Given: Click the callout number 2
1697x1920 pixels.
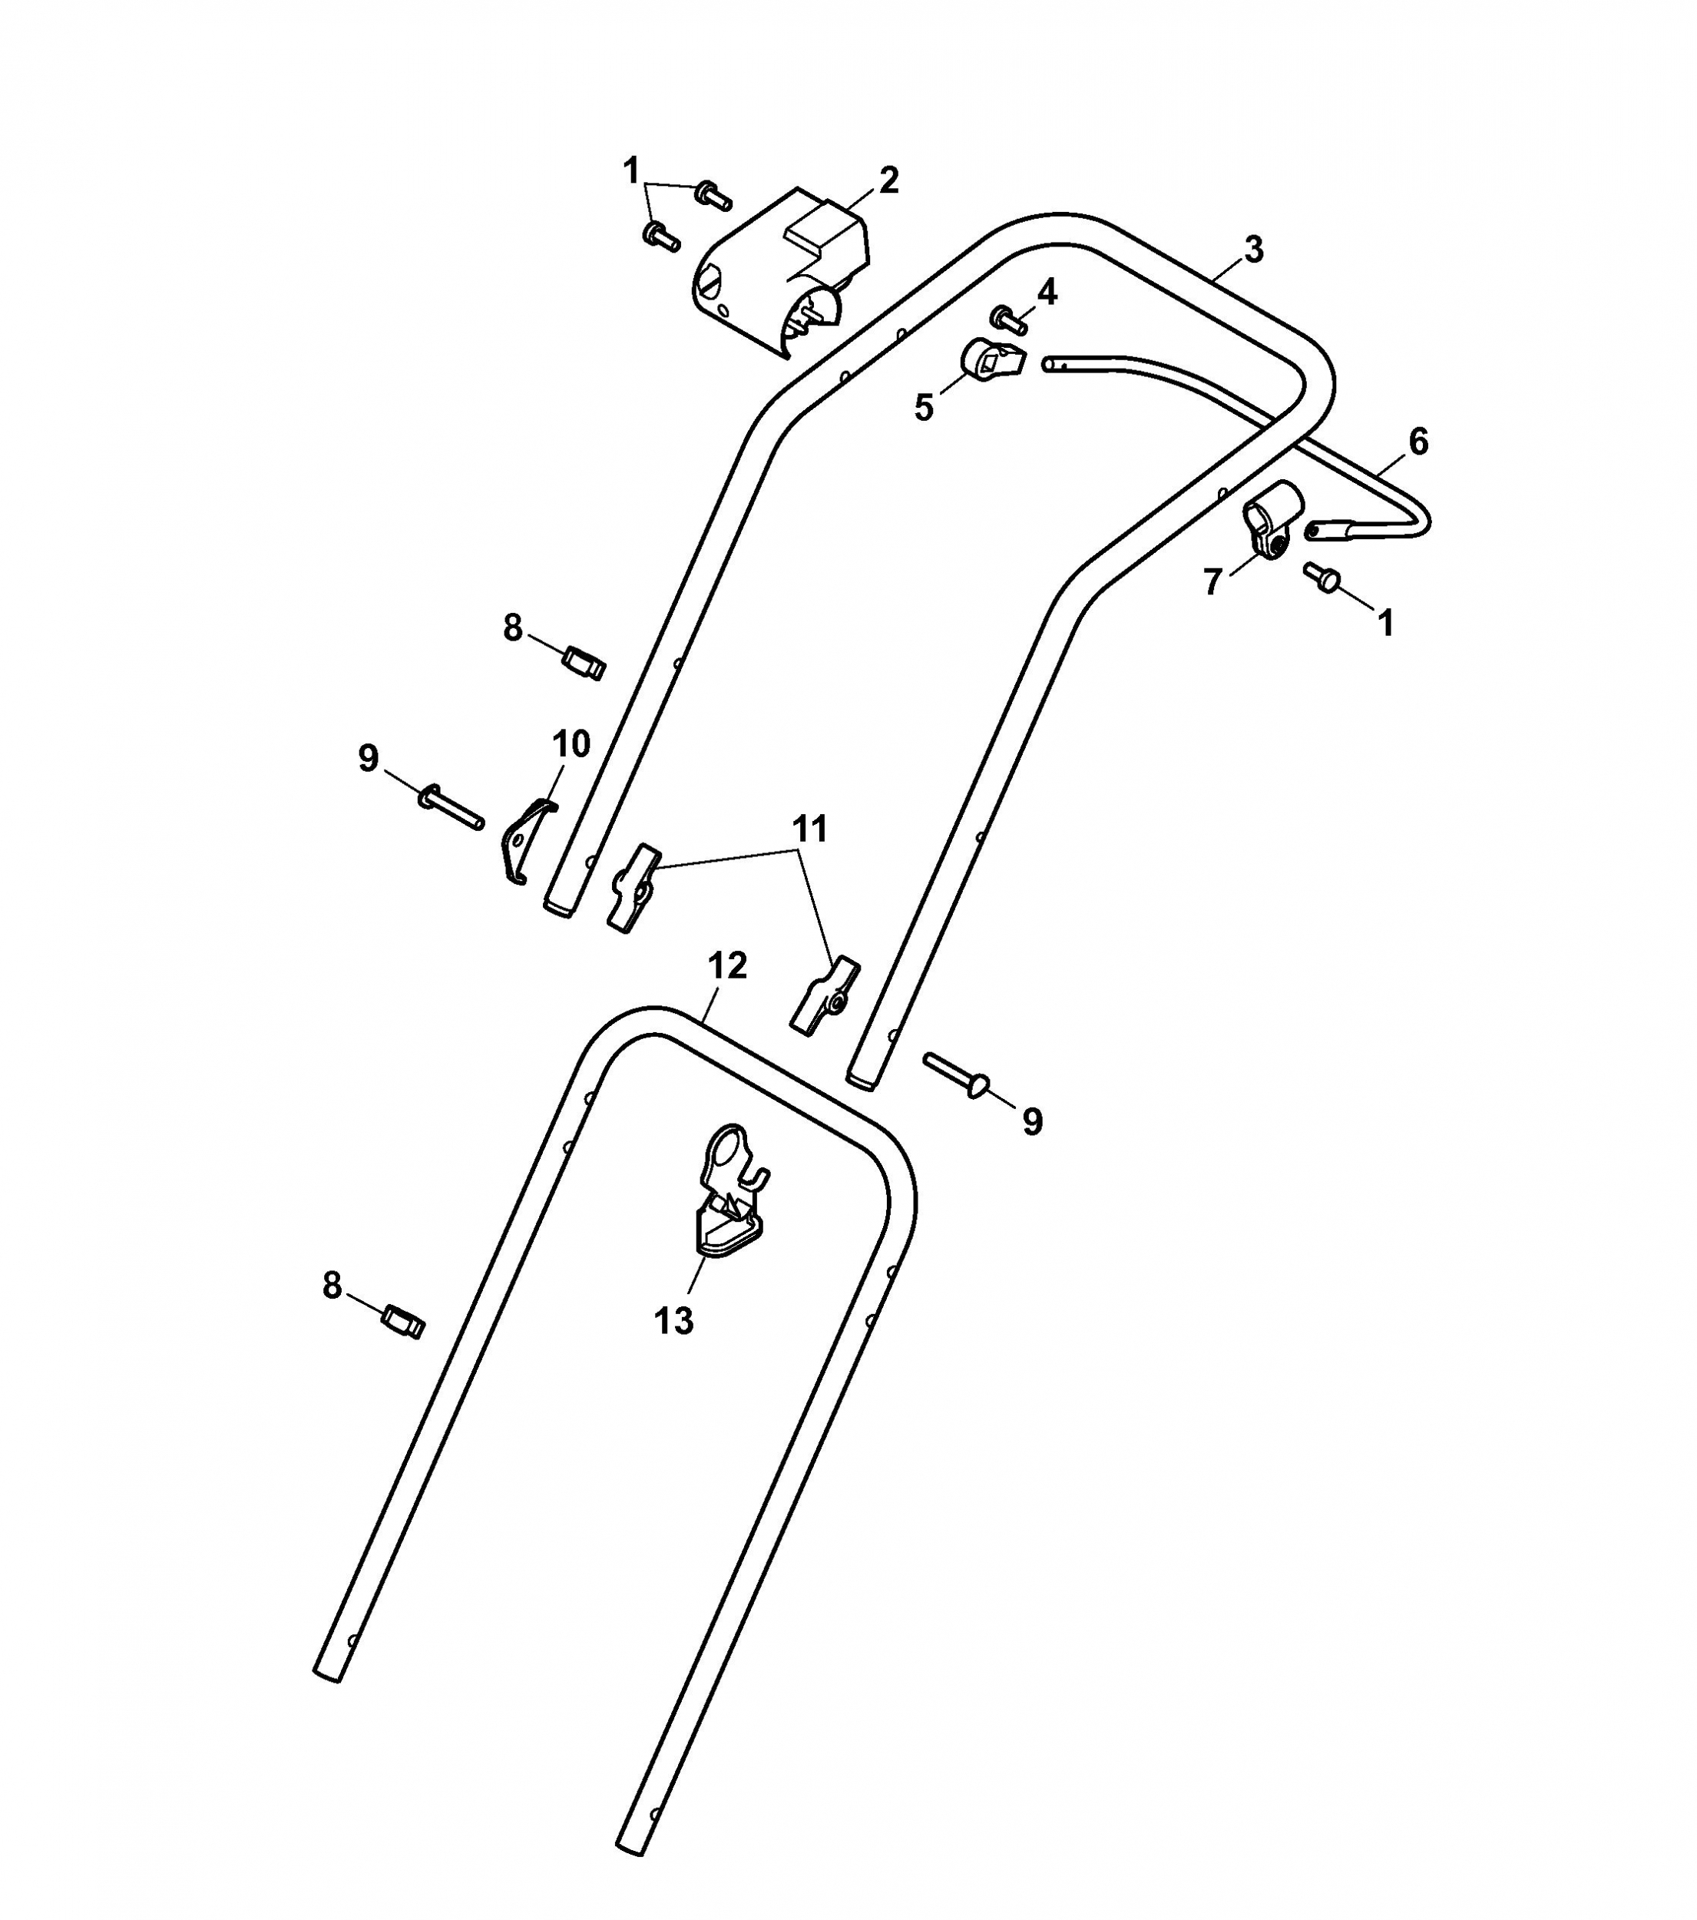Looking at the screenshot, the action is (x=888, y=180).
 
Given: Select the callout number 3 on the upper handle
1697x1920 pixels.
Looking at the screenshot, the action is (x=1254, y=250).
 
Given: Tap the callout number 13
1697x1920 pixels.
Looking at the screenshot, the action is (x=673, y=1321).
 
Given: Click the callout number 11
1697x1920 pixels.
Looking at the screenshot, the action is (x=810, y=829).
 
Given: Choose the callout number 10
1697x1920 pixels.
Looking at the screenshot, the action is (x=571, y=744).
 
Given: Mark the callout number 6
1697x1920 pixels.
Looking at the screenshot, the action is (x=1418, y=442).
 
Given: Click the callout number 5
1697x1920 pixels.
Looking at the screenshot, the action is (x=924, y=408).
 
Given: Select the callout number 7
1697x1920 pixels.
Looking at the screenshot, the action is (x=1212, y=582).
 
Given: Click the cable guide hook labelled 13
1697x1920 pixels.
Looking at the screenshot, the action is (x=729, y=1188).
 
